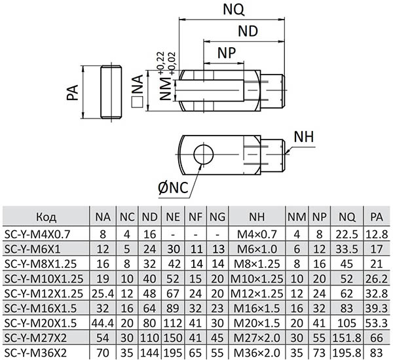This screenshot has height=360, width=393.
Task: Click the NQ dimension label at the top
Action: click(234, 9)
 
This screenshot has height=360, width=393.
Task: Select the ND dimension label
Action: click(247, 31)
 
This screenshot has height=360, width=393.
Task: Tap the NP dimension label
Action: click(226, 52)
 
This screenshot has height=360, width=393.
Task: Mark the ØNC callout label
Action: click(172, 188)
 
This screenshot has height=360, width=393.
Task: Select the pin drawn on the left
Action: click(113, 91)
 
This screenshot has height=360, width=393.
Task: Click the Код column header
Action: click(45, 215)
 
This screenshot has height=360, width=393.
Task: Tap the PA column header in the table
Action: click(375, 215)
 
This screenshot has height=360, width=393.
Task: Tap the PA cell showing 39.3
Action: click(375, 306)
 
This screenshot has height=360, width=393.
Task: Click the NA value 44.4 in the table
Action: click(102, 321)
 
